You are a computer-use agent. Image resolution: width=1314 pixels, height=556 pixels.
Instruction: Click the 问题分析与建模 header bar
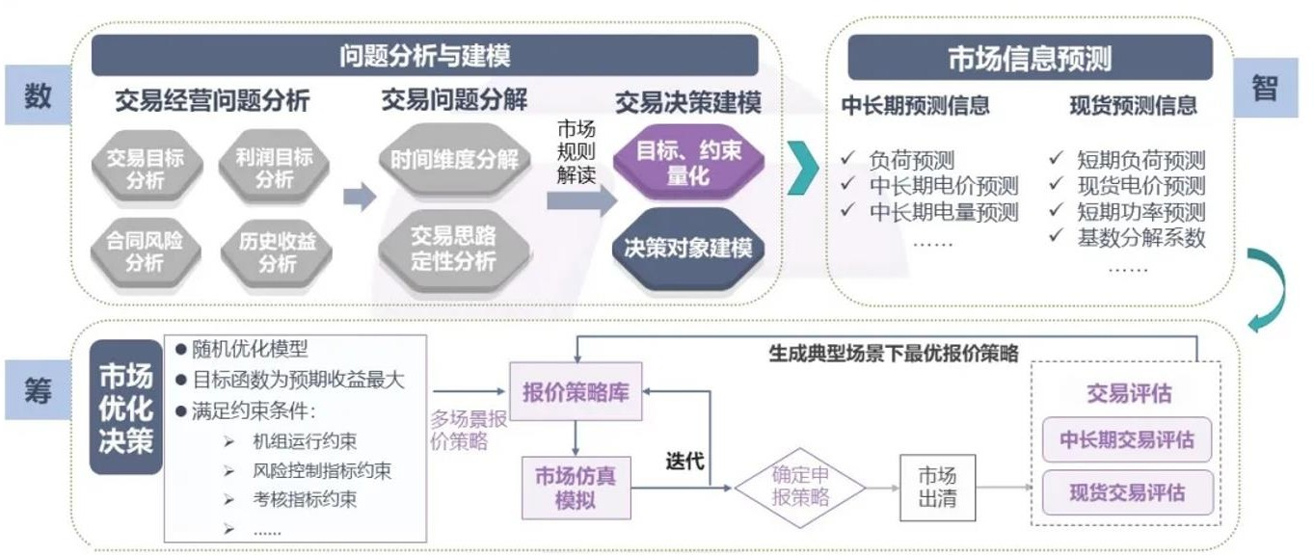(x=424, y=56)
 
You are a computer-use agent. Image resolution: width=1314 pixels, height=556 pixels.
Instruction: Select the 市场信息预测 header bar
(x=1030, y=59)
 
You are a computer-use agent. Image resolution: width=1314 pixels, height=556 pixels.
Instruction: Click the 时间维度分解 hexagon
(x=454, y=160)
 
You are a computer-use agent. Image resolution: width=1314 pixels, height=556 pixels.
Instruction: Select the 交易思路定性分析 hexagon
(x=453, y=247)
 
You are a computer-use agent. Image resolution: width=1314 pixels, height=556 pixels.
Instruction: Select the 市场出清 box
(x=937, y=488)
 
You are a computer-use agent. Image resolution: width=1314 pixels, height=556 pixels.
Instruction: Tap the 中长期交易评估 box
(x=1126, y=439)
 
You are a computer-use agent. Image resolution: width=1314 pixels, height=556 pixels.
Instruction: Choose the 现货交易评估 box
(x=1126, y=492)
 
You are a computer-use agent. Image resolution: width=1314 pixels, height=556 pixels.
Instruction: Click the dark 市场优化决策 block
(x=125, y=408)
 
